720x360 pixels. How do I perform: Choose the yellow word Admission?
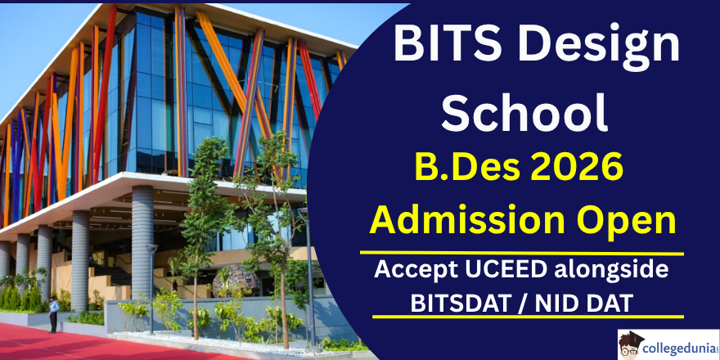[467, 220]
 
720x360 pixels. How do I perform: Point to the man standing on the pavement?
[53, 313]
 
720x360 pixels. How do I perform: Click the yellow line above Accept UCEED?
[522, 253]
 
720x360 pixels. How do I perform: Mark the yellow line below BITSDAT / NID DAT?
[528, 317]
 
